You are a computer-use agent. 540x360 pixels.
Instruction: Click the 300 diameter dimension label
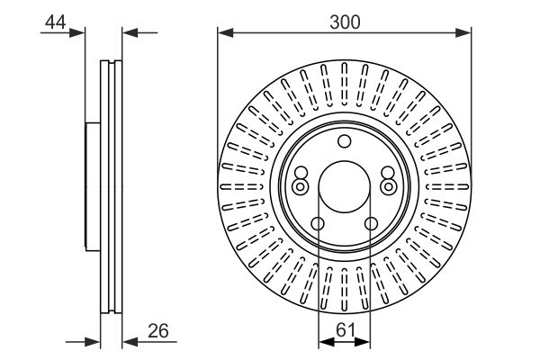[344, 22]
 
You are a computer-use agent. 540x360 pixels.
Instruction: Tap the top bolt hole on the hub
[344, 140]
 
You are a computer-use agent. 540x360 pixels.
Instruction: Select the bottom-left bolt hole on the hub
[318, 224]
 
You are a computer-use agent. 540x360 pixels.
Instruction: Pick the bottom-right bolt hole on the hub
[370, 224]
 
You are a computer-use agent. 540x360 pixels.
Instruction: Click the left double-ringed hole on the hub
[300, 185]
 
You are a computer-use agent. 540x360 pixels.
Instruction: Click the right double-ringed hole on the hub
[388, 185]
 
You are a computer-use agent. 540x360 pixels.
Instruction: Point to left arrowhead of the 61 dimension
[324, 341]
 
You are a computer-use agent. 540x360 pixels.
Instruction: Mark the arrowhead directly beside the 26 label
[128, 341]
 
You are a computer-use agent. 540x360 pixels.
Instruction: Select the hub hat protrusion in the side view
[91, 185]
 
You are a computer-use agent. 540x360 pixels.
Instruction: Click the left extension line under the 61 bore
[319, 288]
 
